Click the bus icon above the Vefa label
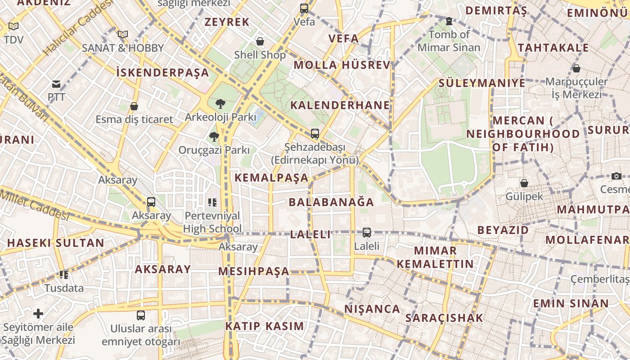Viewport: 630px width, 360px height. [304, 8]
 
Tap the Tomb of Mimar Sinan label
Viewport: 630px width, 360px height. [449, 40]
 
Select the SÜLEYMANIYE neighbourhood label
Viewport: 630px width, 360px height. [482, 83]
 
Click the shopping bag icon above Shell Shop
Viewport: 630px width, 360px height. [260, 42]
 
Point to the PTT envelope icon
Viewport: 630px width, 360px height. [56, 84]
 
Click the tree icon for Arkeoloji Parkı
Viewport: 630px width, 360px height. [220, 104]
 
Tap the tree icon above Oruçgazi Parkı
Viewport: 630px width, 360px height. [214, 136]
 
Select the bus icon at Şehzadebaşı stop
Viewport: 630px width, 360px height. [315, 134]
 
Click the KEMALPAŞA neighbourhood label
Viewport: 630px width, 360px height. [271, 178]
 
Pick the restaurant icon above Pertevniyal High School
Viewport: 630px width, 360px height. [212, 202]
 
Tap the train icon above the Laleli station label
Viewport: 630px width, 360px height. [367, 233]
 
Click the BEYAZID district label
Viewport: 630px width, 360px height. [503, 230]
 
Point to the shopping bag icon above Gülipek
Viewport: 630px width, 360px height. [524, 183]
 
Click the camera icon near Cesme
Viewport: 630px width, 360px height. [616, 176]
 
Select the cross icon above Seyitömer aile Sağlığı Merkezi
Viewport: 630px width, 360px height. [38, 314]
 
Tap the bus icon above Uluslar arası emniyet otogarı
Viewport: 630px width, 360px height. [141, 315]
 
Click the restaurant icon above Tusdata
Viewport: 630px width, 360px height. [64, 274]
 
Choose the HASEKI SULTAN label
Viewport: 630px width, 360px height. [55, 243]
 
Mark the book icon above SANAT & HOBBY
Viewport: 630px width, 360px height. [123, 34]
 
